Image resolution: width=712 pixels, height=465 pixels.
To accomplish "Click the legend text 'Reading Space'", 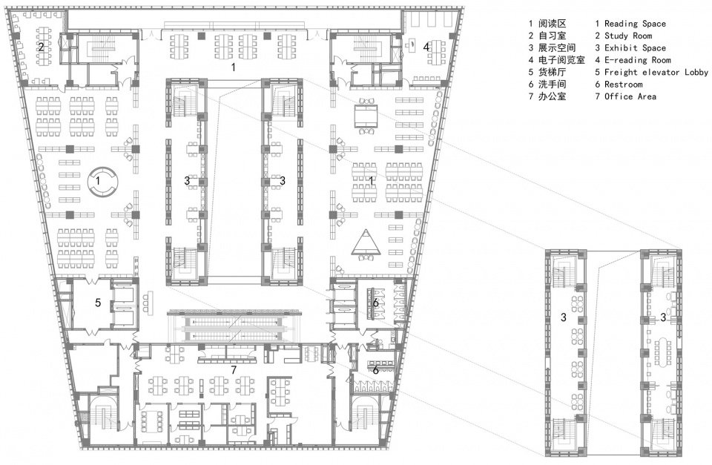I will tap(635, 24).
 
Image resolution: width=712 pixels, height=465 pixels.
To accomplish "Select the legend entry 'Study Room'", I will tap(627, 36).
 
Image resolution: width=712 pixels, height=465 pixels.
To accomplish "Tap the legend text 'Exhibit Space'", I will tap(635, 48).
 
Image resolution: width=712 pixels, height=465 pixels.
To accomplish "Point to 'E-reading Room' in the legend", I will tap(637, 60).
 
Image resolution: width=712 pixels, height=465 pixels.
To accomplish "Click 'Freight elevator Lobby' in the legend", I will tap(656, 72).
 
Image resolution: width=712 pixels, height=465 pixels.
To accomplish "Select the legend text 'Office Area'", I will tap(630, 96).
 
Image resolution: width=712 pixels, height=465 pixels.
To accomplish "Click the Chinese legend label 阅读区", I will tap(551, 24).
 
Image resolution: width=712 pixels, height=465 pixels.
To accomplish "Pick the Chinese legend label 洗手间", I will tap(551, 85).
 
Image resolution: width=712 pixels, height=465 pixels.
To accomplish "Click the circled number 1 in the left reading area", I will tap(99, 179).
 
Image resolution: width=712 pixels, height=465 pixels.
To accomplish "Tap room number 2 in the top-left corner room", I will tap(40, 46).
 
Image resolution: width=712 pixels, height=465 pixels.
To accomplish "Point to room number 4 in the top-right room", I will tap(426, 47).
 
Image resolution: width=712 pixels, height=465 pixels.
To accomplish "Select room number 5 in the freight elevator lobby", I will tap(97, 303).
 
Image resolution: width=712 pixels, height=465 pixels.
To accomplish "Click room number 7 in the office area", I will tap(234, 369).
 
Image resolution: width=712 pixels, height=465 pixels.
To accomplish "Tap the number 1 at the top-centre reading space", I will tap(234, 67).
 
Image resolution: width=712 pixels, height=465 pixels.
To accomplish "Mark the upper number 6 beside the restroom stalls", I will tap(376, 303).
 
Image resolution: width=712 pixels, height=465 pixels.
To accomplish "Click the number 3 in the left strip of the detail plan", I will tap(564, 317).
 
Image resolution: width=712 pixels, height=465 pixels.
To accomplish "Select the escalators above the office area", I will tap(234, 326).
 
